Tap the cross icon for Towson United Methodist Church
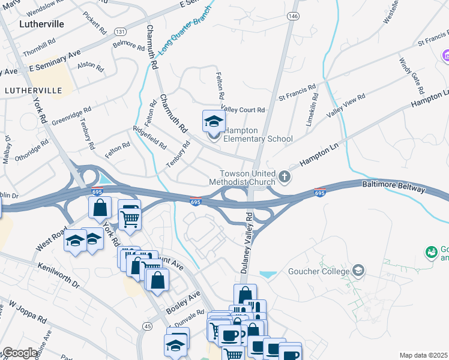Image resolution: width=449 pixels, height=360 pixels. [x=285, y=177]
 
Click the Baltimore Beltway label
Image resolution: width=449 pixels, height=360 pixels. [x=393, y=189]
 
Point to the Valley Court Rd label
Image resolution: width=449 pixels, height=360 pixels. [x=243, y=110]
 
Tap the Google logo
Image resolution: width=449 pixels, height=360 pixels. [x=20, y=353]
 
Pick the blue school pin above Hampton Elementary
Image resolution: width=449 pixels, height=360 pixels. [x=214, y=122]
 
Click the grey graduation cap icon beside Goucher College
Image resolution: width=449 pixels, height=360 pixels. [x=358, y=271]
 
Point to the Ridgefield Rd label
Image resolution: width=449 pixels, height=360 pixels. [x=149, y=138]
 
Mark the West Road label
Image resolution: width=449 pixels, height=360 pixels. [x=50, y=239]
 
